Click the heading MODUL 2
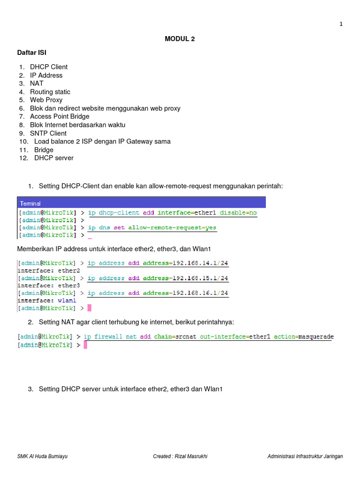coord(180,39)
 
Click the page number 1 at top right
coord(341,24)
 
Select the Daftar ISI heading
coord(32,52)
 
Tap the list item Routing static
coord(50,92)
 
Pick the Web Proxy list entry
coord(46,100)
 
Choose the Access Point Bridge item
coord(60,116)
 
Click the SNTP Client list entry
coord(48,133)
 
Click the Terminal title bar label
coord(30,203)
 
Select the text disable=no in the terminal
coord(239,213)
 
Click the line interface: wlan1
coord(46,300)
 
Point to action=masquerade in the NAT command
coord(304,337)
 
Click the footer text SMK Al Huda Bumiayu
coord(42,456)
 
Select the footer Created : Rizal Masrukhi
coord(180,456)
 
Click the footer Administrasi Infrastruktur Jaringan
coord(305,456)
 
